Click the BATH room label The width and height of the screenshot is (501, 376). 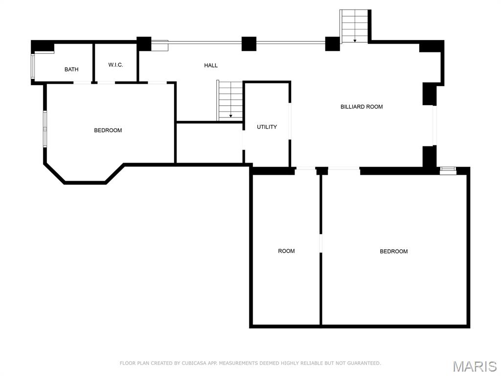(71, 70)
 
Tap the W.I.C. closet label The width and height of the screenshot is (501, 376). (115, 65)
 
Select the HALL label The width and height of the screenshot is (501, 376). (211, 66)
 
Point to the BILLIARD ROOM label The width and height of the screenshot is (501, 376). (362, 107)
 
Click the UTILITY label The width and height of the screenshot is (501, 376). (267, 127)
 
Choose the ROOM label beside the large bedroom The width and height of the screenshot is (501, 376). (286, 251)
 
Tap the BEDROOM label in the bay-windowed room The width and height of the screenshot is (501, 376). (108, 130)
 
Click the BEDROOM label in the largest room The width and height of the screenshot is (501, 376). (393, 252)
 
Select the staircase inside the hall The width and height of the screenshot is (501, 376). (230, 100)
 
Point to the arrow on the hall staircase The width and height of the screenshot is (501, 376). (230, 116)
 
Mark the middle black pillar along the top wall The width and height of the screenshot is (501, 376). (249, 44)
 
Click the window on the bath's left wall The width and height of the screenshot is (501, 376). (33, 67)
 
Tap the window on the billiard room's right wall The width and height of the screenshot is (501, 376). (434, 125)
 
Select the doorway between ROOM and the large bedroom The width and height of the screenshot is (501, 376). (321, 243)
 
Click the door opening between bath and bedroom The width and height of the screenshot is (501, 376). (82, 83)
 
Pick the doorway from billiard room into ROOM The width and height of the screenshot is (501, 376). (306, 169)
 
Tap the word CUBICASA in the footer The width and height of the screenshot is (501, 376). (194, 363)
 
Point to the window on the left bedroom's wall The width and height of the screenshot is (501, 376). (45, 129)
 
